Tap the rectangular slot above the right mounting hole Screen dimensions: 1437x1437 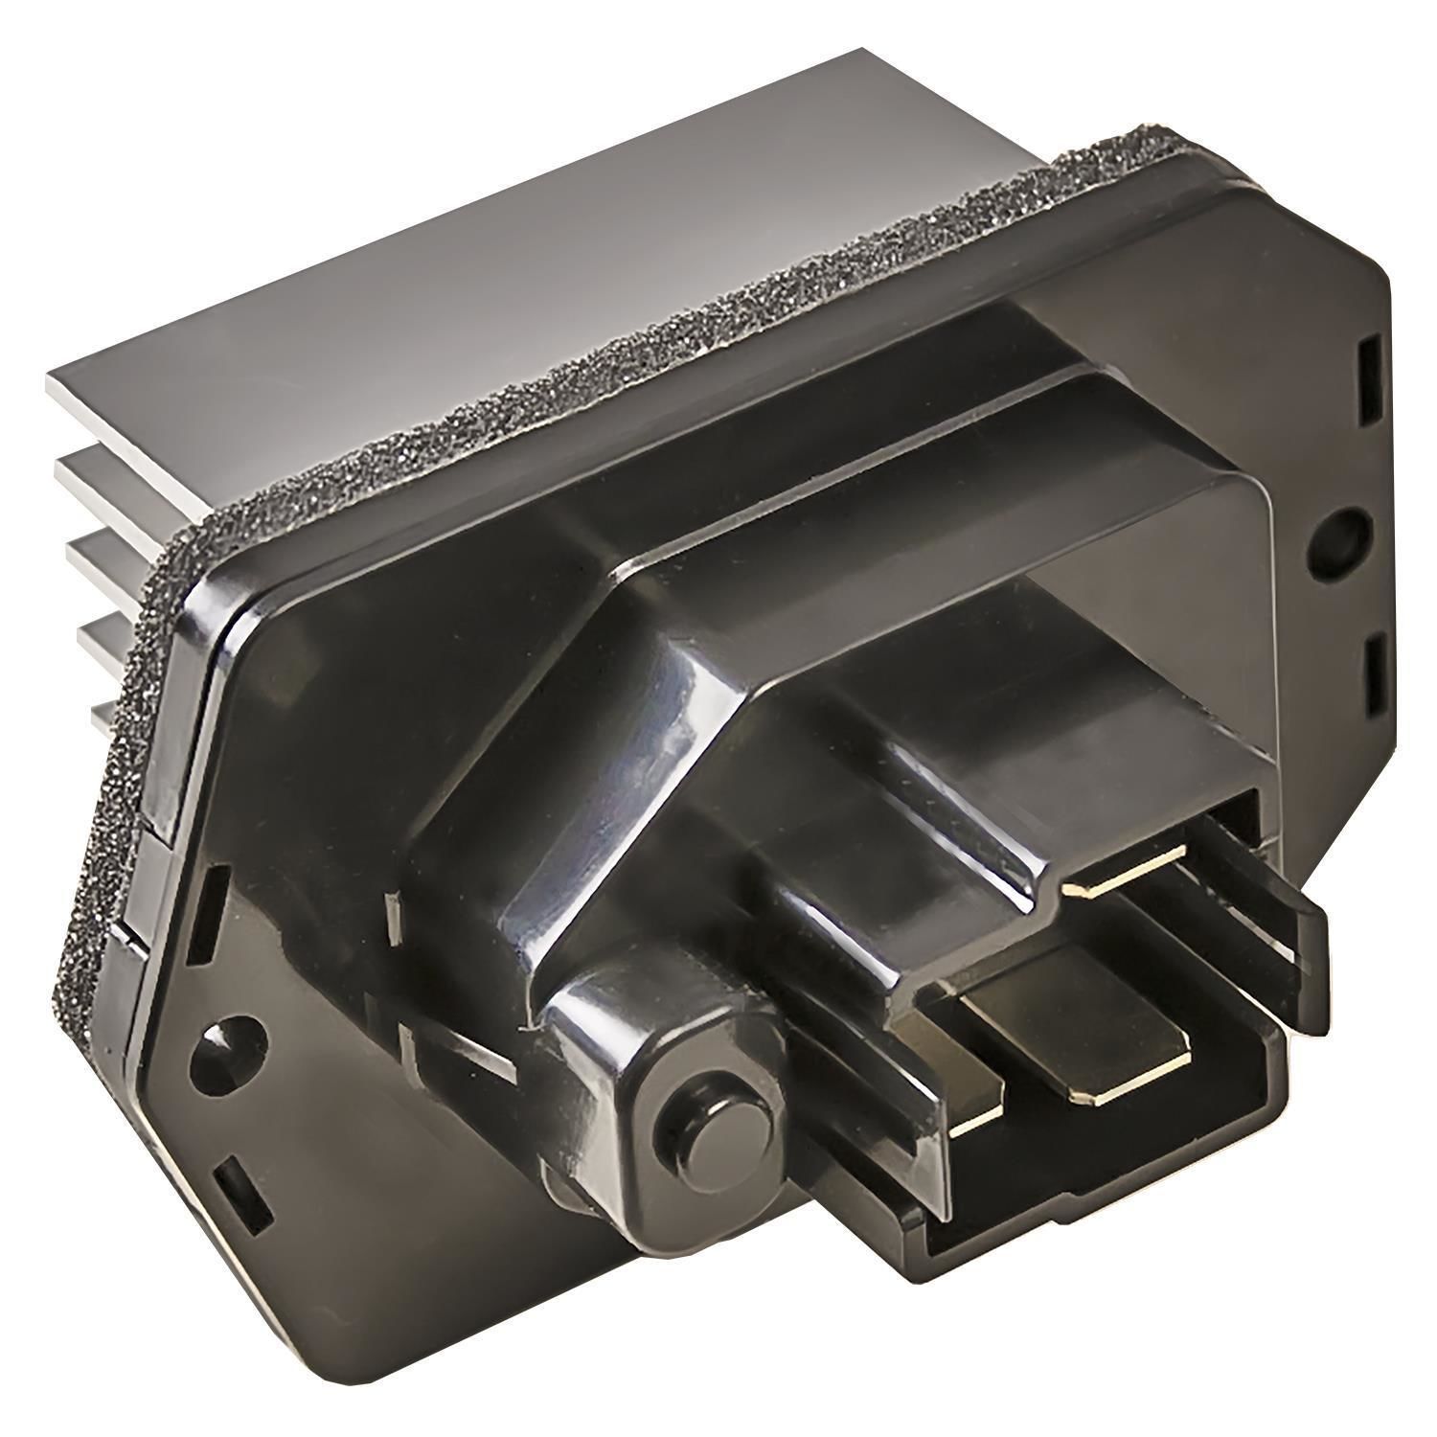click(x=1369, y=387)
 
